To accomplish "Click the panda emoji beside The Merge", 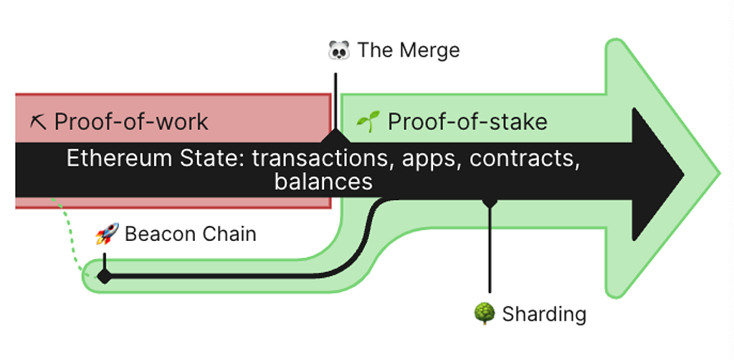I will (338, 50).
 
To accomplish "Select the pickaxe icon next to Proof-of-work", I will (38, 122).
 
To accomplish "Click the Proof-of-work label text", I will (131, 122).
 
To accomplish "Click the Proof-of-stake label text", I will (467, 122).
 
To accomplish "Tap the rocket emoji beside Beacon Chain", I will (107, 234).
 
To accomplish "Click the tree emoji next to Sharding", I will (485, 313).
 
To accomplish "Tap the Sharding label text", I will (544, 314).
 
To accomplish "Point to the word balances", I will (323, 181).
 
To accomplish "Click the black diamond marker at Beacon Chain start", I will (105, 275).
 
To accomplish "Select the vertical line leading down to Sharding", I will (490, 251).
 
